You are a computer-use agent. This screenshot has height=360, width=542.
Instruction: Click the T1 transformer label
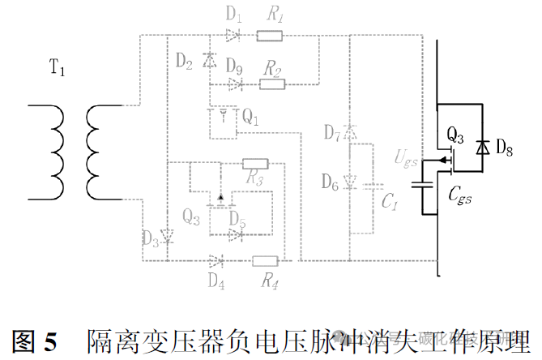coord(57,70)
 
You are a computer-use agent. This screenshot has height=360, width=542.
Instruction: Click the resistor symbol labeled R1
coord(271,35)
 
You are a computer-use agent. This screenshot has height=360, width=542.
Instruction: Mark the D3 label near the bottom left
coord(151,238)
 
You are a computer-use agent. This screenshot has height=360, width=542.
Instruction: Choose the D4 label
coord(215,281)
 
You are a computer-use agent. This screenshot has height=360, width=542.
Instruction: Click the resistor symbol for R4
coord(265,260)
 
